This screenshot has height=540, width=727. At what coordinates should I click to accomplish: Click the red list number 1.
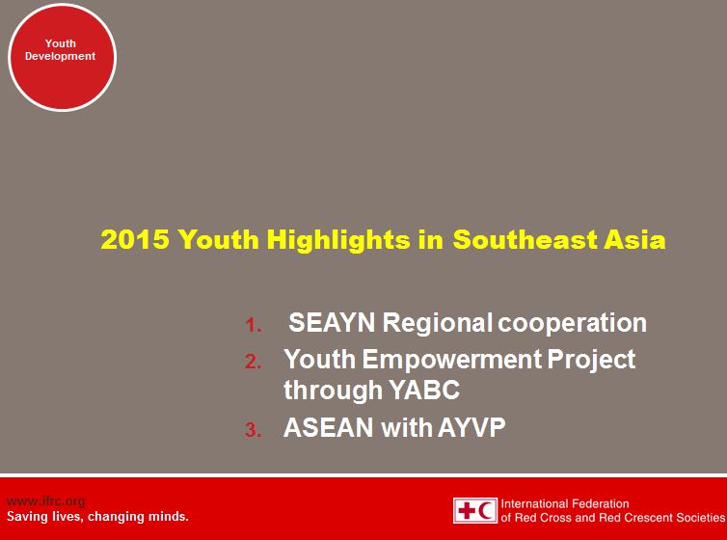point(254,325)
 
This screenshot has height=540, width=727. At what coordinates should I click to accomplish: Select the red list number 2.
point(253,363)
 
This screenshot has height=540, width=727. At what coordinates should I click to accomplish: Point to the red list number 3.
point(253,431)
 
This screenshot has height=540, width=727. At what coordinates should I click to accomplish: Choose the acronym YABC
point(426,391)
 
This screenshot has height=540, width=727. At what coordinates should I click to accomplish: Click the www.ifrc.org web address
point(46,500)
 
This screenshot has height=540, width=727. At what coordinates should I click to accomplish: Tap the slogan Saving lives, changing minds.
point(97,516)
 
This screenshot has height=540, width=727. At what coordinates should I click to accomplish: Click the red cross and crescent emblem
point(475,510)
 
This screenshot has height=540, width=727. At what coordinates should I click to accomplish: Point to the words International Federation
point(565,503)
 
